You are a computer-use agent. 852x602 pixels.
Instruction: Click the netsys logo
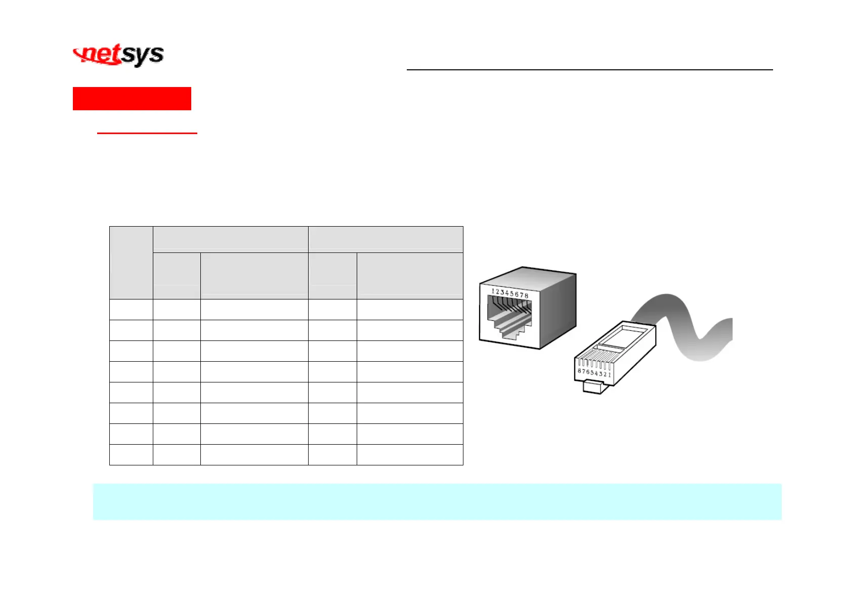[118, 55]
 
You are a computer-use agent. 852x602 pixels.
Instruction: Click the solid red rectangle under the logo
[132, 99]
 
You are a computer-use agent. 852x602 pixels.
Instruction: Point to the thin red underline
[147, 133]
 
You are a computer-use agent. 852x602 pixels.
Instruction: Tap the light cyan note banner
[437, 501]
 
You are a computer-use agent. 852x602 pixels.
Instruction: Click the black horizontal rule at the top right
[589, 70]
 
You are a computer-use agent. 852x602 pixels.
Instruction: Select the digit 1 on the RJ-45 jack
[493, 291]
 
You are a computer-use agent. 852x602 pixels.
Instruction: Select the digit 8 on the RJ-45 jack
[526, 295]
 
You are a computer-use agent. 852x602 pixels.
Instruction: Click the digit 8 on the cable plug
[580, 371]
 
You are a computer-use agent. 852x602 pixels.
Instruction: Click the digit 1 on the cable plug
[610, 375]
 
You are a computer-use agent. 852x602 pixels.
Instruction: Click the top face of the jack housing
[526, 278]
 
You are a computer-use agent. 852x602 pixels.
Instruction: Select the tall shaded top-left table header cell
[131, 263]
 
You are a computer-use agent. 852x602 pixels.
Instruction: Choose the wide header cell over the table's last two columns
[386, 239]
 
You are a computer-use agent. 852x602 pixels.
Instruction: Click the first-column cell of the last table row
[131, 454]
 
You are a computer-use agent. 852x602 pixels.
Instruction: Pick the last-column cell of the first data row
[410, 310]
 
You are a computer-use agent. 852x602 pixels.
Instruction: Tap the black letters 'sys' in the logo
[143, 55]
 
